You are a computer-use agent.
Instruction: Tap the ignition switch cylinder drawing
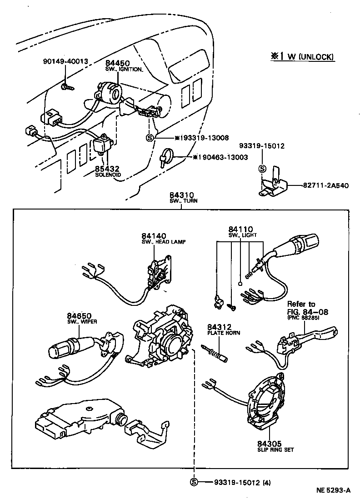(110, 92)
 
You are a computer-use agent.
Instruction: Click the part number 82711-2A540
(325, 185)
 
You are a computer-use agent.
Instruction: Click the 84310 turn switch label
(181, 197)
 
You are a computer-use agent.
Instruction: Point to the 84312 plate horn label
(220, 327)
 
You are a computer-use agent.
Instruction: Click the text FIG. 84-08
(307, 312)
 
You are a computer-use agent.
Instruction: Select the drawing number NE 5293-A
(333, 490)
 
